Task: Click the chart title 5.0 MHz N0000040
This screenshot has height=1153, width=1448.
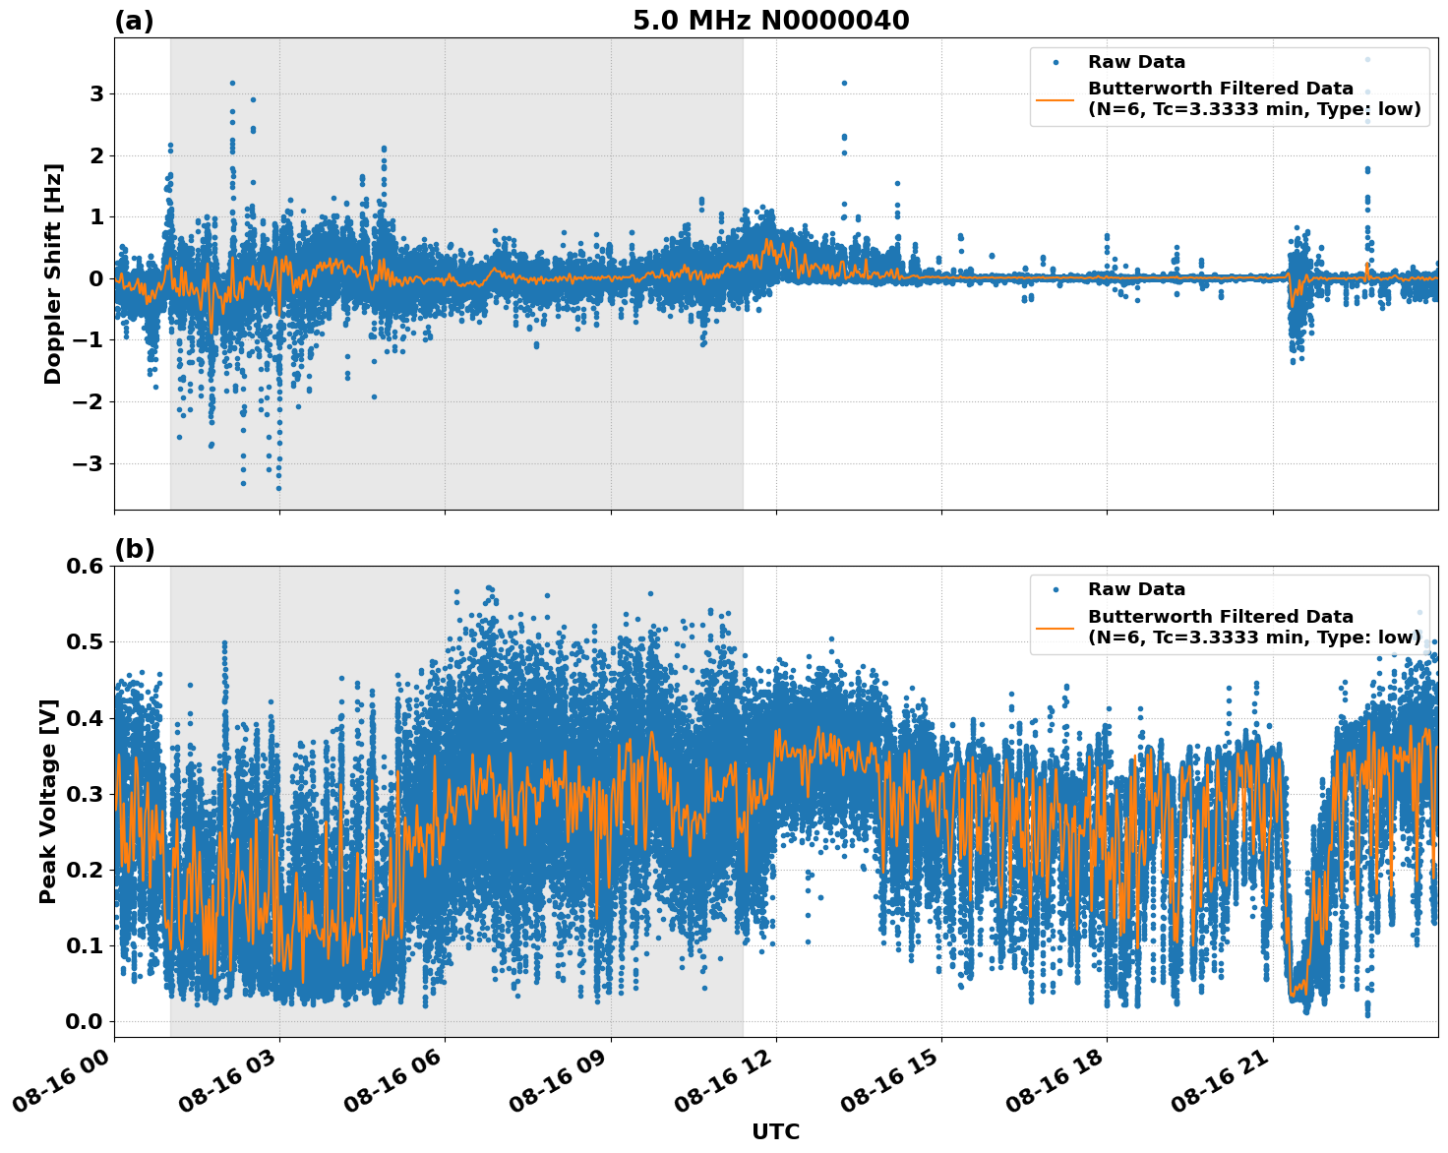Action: [x=770, y=21]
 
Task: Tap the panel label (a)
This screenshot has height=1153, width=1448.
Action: [x=134, y=21]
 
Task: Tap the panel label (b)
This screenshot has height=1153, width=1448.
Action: [x=134, y=549]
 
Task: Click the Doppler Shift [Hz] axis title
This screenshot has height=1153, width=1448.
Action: [x=53, y=273]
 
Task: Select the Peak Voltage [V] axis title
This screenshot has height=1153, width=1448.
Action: [x=48, y=801]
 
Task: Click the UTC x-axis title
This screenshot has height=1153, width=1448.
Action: [x=775, y=1131]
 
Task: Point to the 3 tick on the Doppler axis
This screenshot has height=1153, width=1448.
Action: [x=97, y=94]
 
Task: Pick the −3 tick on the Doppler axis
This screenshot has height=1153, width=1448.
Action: [x=90, y=463]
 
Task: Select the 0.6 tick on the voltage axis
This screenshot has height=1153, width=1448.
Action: [x=85, y=566]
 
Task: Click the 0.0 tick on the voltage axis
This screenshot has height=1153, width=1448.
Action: [x=85, y=1021]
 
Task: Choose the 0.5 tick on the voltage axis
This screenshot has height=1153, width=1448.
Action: [x=85, y=641]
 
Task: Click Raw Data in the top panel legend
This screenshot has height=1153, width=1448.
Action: [x=1136, y=62]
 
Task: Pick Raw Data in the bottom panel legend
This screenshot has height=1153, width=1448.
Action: [x=1136, y=589]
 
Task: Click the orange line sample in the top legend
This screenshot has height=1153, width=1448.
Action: [x=1056, y=98]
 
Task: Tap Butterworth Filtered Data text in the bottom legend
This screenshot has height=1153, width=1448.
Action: [x=1221, y=617]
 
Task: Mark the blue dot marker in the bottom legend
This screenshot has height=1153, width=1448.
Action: [x=1056, y=589]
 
